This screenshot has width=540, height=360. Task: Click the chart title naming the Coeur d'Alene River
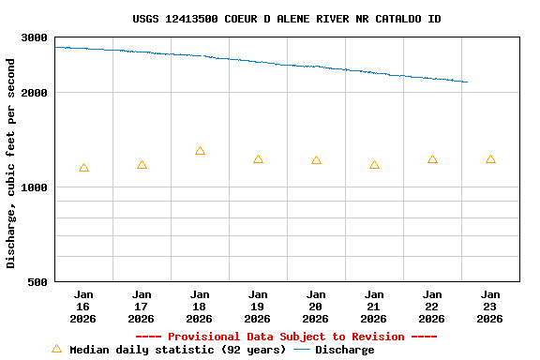[287, 19]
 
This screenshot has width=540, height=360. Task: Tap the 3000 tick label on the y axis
[35, 37]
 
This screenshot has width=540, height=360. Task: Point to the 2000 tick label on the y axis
[35, 93]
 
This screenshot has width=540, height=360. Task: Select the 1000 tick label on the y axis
[35, 187]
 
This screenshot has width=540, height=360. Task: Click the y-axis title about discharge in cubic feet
[11, 163]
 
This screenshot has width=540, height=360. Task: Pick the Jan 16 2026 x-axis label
[83, 306]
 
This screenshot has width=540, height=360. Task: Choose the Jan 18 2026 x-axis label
[200, 306]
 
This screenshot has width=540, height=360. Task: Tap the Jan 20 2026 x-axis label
[316, 306]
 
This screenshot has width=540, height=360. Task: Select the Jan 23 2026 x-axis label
[490, 306]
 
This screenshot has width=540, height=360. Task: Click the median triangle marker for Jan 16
[83, 168]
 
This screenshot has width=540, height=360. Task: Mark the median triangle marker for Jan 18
[200, 151]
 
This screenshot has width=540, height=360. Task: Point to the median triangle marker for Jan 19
[258, 159]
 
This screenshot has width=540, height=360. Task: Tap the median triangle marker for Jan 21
[374, 165]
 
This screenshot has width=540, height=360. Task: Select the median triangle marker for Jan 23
[490, 159]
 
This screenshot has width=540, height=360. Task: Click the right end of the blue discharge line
[467, 82]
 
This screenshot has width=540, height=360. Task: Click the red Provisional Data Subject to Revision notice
[286, 337]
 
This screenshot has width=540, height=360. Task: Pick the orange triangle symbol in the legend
[56, 349]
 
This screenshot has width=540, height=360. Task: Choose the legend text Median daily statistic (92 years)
[177, 350]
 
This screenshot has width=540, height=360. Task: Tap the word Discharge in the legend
[344, 350]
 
